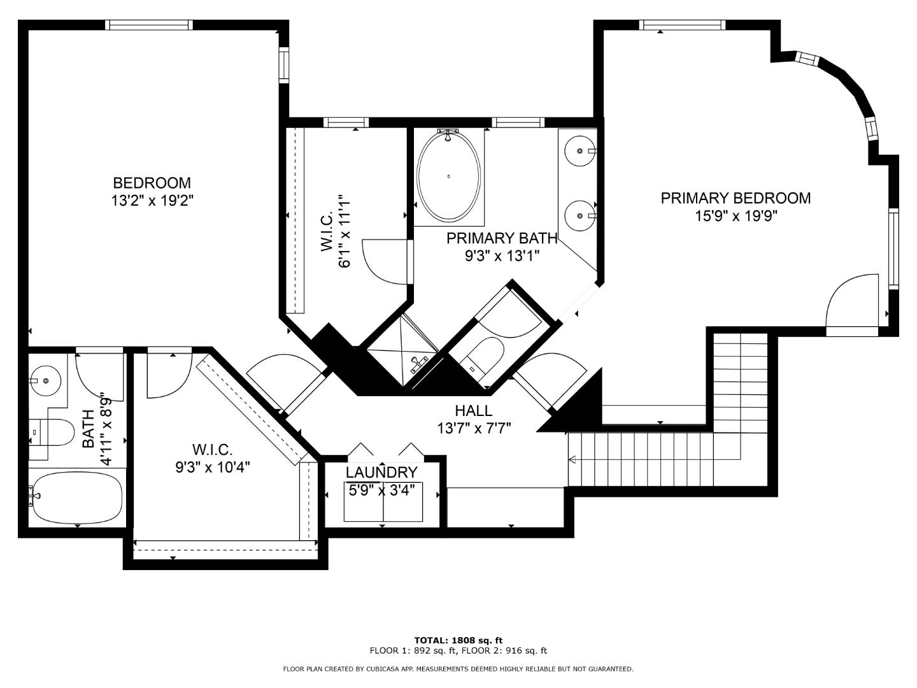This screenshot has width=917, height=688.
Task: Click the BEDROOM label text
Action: (x=152, y=183)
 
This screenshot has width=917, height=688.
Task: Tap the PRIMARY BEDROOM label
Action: (x=736, y=198)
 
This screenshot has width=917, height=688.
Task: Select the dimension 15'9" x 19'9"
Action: (x=736, y=216)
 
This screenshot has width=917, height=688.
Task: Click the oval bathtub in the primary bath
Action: (x=449, y=176)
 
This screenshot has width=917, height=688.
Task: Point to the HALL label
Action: (x=474, y=411)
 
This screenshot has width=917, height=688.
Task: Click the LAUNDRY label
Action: (x=381, y=472)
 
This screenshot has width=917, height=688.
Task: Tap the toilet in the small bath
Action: (x=52, y=433)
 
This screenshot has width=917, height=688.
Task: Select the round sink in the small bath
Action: (x=46, y=380)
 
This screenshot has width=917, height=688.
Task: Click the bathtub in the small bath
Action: (x=76, y=498)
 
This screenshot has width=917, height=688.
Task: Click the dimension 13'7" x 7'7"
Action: (x=474, y=428)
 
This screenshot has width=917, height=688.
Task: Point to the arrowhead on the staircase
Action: (x=572, y=460)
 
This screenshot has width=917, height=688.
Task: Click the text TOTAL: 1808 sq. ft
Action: (x=458, y=640)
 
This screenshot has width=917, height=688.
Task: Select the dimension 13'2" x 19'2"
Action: (x=152, y=201)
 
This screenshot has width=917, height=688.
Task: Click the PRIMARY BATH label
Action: (x=502, y=238)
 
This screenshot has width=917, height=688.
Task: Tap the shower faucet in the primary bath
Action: (x=418, y=364)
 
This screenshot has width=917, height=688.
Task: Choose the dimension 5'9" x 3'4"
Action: (x=381, y=490)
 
